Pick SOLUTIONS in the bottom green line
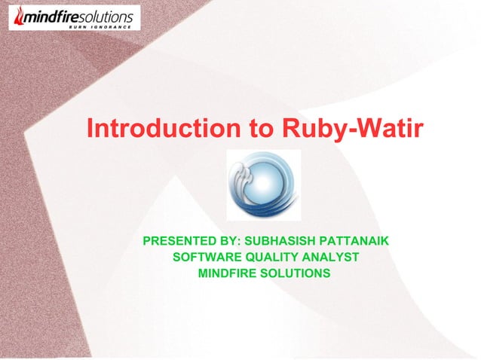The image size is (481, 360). pyautogui.click(x=296, y=273)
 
